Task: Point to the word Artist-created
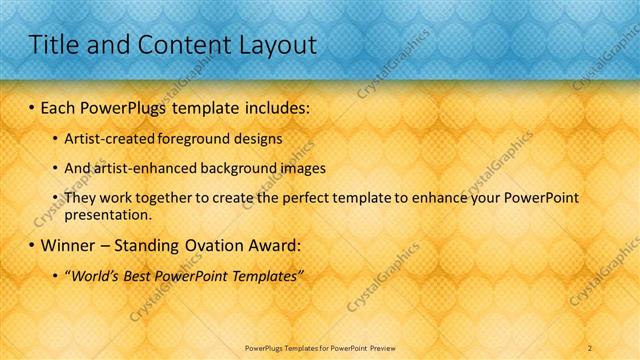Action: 103,140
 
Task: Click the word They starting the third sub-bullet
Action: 80,198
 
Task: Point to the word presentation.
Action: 107,215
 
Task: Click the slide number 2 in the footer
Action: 590,347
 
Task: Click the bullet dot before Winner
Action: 32,245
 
